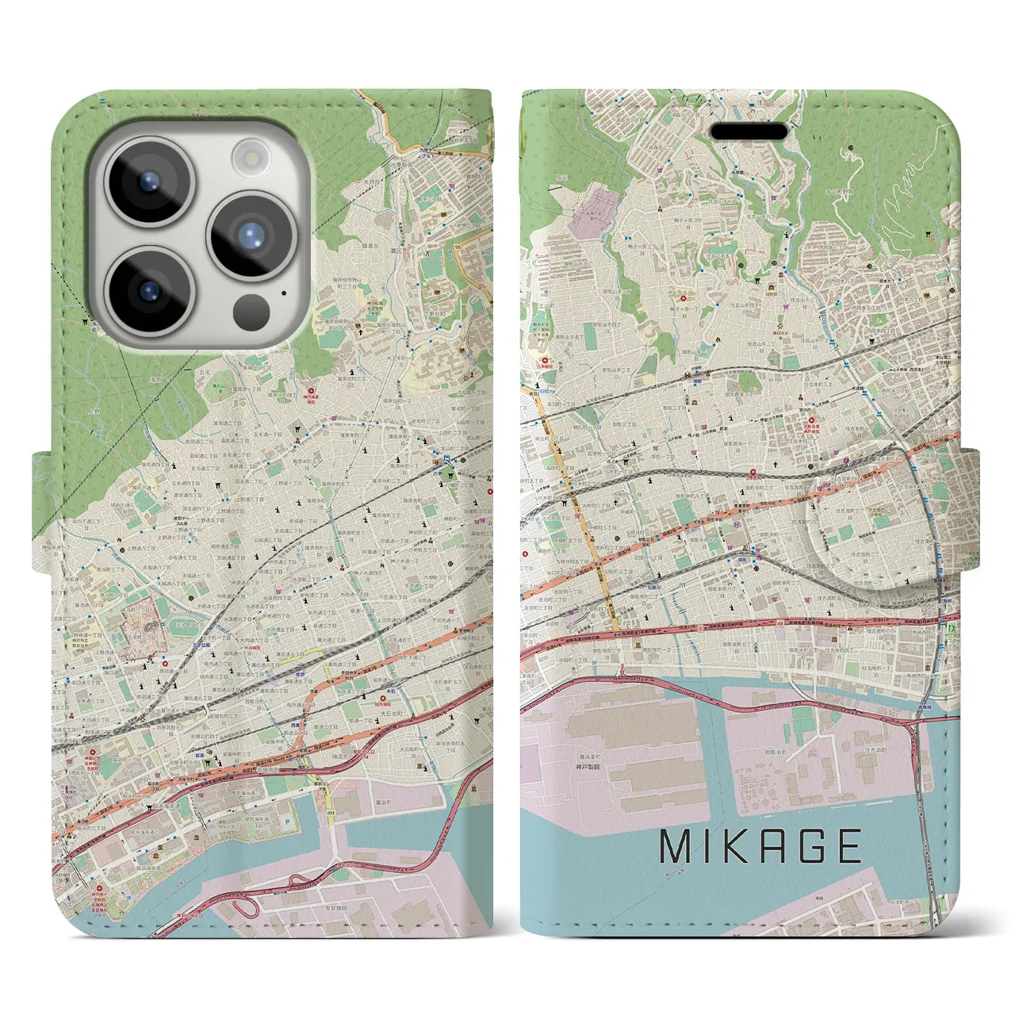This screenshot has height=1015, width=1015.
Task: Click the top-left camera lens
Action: (x=148, y=182)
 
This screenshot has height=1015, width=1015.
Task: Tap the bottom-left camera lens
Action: (x=148, y=289)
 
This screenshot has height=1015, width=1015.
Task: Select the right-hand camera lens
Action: (x=251, y=235)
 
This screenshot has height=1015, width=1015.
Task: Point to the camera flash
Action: (x=251, y=157)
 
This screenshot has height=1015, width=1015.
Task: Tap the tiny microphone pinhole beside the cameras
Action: (x=283, y=294)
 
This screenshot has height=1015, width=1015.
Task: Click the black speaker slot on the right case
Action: (x=750, y=131)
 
